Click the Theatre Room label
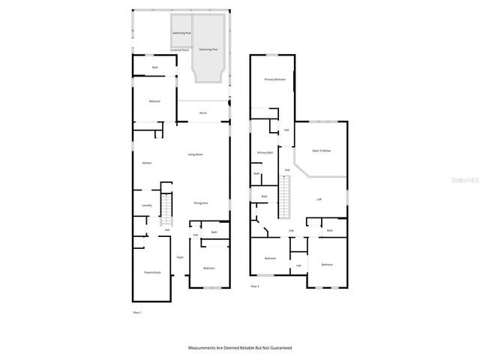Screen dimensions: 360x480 (x=152, y=272)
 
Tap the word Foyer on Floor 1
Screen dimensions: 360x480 (x=180, y=257)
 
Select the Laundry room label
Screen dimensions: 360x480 (x=147, y=205)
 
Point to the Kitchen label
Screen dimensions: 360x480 (x=147, y=163)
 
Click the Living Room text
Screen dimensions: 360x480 (x=195, y=154)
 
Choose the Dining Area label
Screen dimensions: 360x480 (x=200, y=203)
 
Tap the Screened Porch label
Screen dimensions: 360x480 (x=180, y=50)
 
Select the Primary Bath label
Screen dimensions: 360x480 (x=265, y=152)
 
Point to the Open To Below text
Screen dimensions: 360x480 (x=321, y=151)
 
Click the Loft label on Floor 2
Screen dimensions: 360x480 (x=319, y=199)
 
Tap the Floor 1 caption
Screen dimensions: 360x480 (x=136, y=312)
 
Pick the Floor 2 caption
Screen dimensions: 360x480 (x=255, y=286)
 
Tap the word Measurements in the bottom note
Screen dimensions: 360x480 (x=203, y=348)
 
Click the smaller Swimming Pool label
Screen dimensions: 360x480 (x=181, y=34)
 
